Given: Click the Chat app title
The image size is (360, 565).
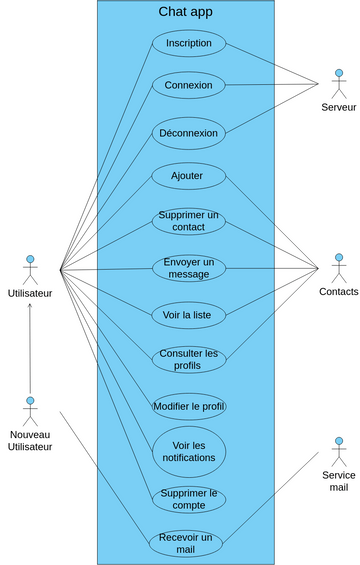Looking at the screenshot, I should point(186,12).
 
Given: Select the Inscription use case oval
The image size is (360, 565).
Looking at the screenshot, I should point(189,43).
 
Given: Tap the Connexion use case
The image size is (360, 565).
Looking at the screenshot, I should point(189,85).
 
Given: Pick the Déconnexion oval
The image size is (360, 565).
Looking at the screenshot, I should point(189,131).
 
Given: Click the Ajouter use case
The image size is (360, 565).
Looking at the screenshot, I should point(187,176).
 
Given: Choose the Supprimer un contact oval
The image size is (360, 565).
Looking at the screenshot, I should point(189,221).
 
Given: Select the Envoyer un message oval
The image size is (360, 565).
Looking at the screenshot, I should point(189,267).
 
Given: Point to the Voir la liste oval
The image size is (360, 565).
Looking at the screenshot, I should point(187,314).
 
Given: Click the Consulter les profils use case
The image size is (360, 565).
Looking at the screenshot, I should point(189,359).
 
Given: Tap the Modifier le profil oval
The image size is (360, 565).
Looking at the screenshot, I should point(189,406).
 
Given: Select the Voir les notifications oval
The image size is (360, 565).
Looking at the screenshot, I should point(189,451).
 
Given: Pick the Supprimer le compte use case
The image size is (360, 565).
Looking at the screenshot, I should point(189,498).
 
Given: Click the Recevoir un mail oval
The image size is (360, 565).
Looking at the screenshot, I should point(186,543).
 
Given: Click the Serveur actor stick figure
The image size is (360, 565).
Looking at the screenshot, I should point(338,84).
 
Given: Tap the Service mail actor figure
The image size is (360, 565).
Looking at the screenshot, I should point(338,450).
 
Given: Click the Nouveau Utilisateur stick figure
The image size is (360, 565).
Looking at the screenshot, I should point(30,411).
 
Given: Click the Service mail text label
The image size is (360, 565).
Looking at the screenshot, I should point(338,480).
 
